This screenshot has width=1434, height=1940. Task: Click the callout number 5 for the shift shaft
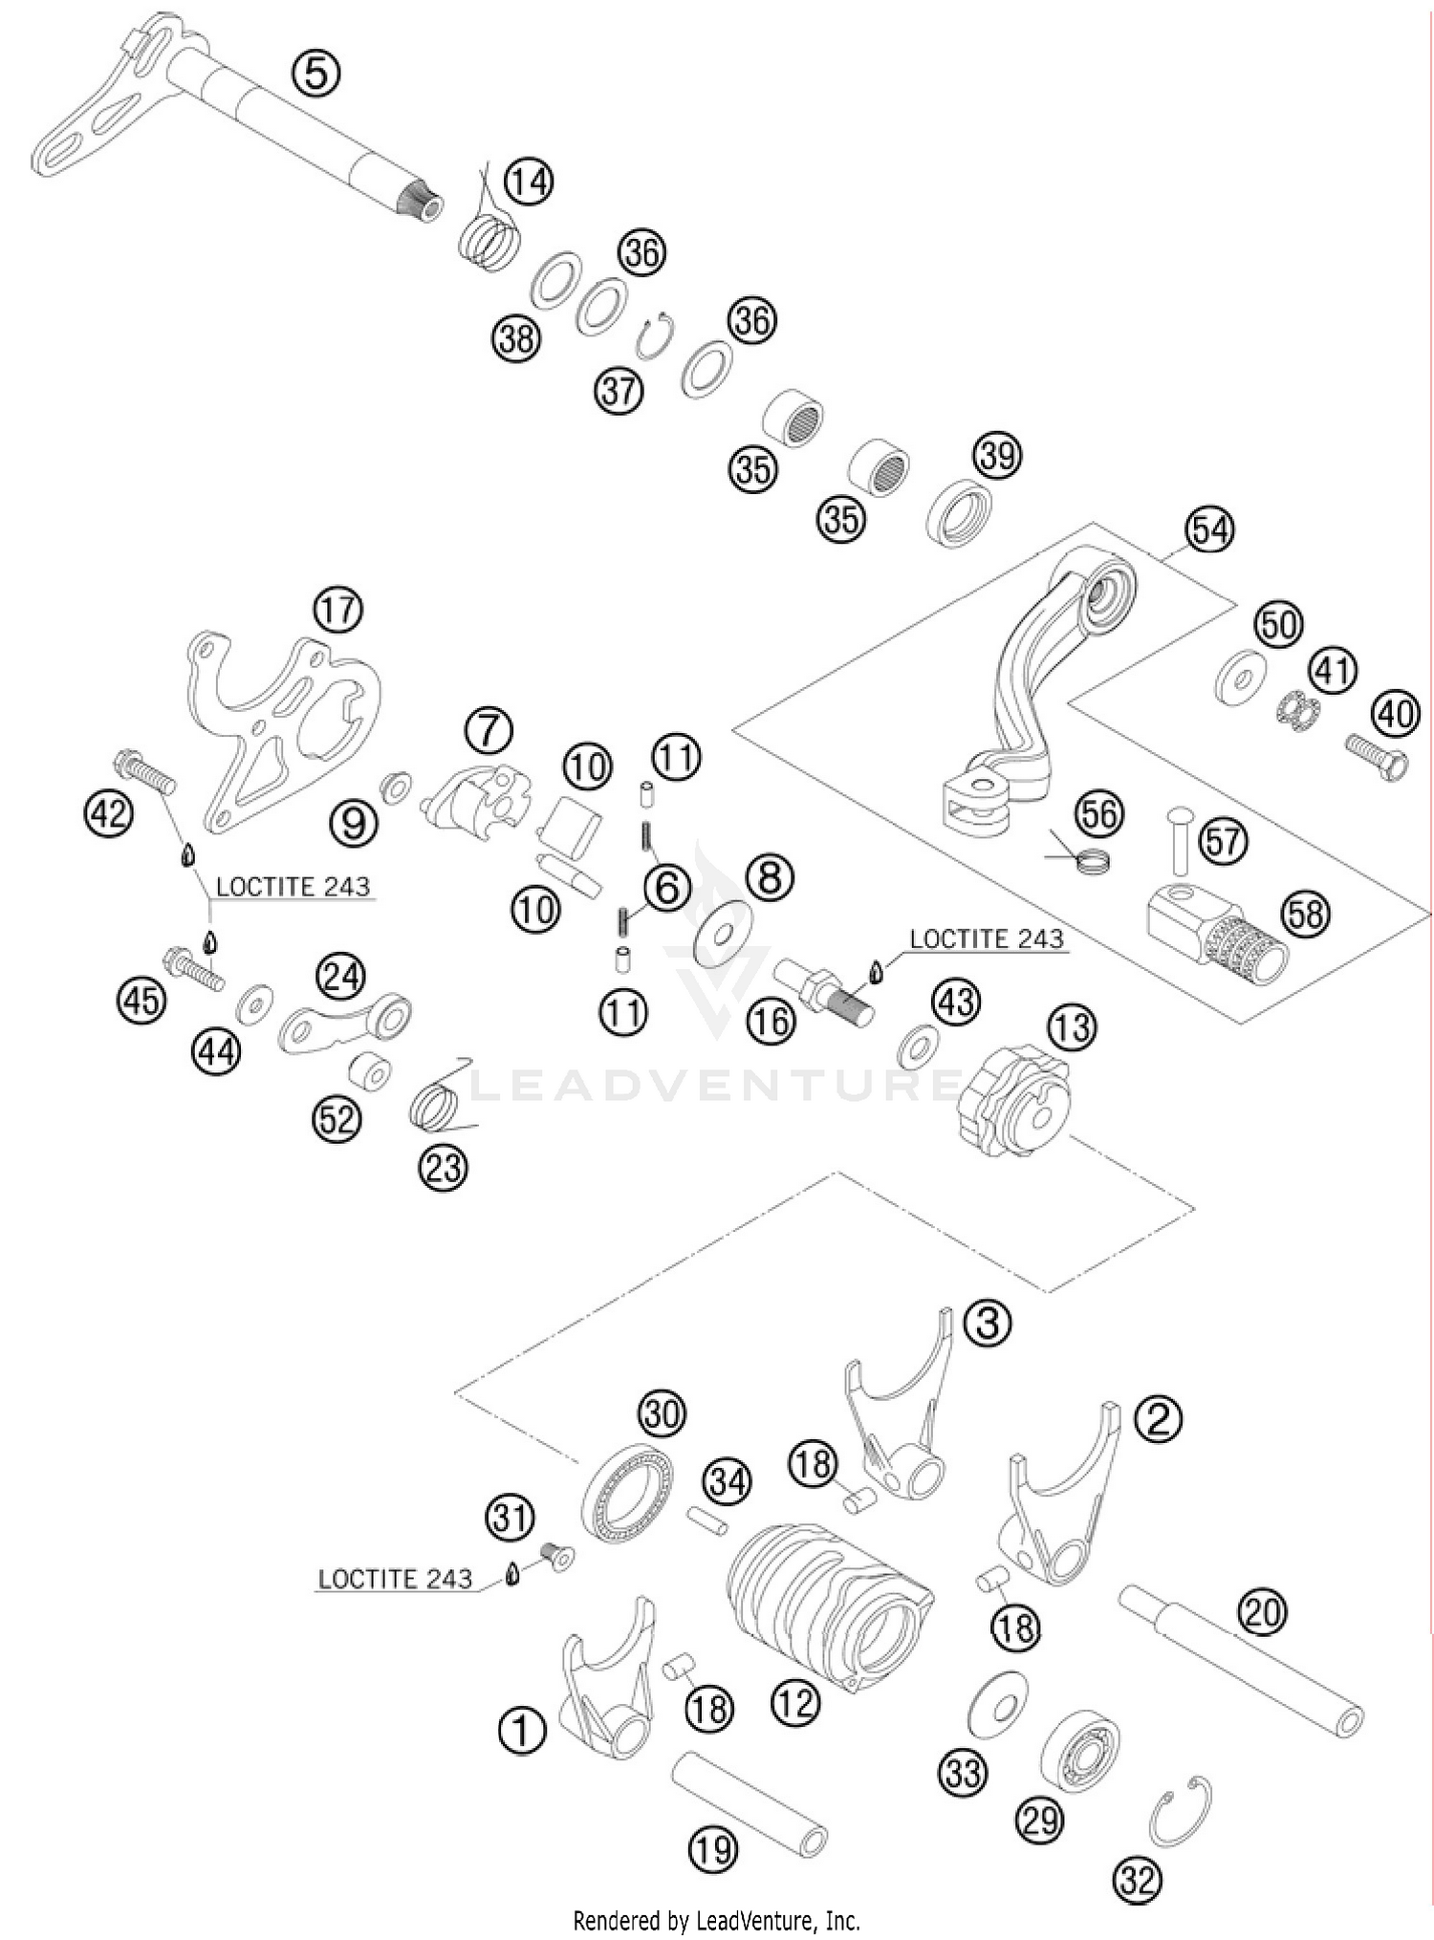[316, 73]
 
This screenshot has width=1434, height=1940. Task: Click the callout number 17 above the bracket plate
[337, 610]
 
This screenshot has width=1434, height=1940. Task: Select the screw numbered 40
[1376, 756]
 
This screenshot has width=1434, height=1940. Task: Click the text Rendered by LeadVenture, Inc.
[716, 1919]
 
